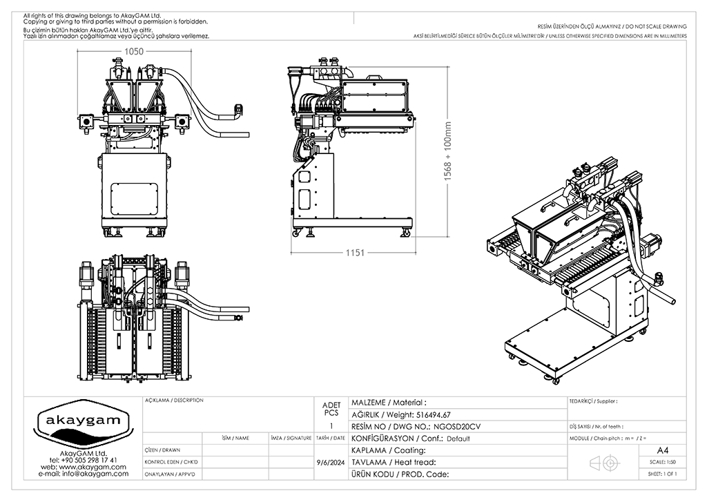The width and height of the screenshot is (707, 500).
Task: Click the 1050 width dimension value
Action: (x=133, y=52)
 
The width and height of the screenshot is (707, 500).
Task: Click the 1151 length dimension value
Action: (x=355, y=253)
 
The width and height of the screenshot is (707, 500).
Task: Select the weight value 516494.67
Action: (x=430, y=414)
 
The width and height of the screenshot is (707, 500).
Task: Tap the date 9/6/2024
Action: (x=330, y=462)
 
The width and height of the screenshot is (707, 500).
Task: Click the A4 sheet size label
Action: (x=663, y=450)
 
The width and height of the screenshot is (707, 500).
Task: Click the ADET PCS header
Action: (x=331, y=408)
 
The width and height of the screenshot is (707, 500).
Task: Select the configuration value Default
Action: (x=458, y=439)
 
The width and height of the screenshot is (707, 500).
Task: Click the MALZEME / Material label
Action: (x=389, y=402)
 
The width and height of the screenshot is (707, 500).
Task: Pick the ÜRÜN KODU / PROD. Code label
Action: (x=400, y=474)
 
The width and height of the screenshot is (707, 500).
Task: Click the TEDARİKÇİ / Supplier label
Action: (x=592, y=401)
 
